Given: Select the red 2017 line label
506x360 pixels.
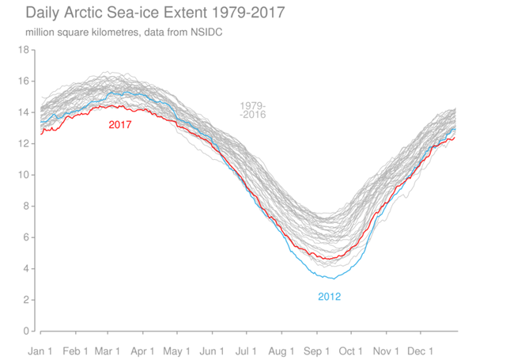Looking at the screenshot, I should pos(120,124).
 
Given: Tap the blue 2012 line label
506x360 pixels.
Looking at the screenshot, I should pos(329,297).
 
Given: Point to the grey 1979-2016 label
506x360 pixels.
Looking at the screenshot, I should pos(253,110).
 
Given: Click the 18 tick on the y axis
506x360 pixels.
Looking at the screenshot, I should pos(24,50).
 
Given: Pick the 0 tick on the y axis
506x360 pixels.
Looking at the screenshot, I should pos(26,331).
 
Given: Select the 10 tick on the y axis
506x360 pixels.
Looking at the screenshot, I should pos(24,175).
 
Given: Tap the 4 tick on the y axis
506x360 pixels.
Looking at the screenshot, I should pos(26,268).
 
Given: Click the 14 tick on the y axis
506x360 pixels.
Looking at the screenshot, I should pos(24,112).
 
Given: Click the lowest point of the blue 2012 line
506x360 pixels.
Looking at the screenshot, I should pos(333,279).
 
